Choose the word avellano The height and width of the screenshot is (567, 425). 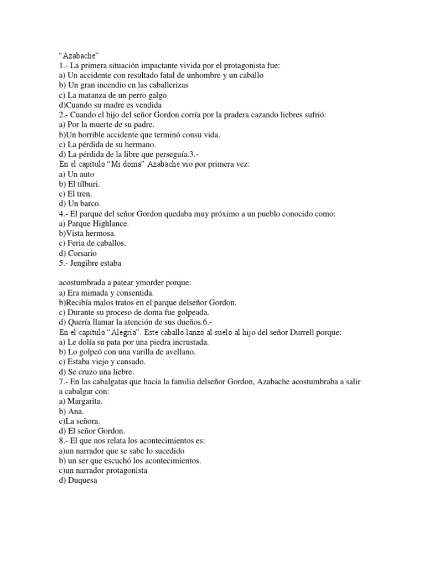tap(177, 352)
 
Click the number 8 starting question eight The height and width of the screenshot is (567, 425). tap(61, 440)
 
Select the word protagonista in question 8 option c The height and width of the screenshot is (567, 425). tap(135, 471)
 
